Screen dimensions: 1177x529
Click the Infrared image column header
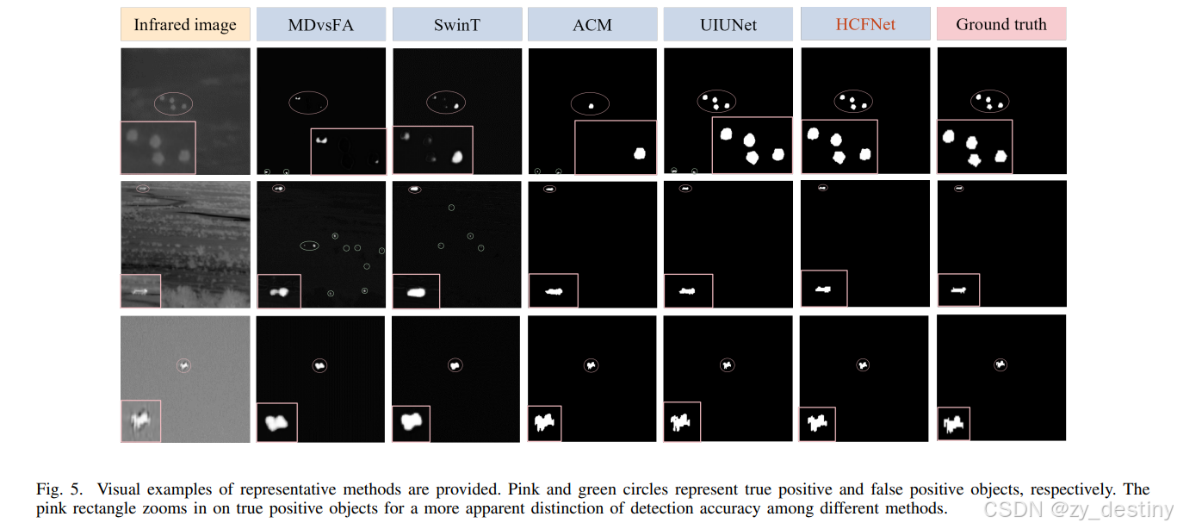185,25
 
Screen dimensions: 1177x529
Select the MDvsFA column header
321,25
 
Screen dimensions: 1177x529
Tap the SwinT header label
457,25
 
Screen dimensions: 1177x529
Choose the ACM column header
592,25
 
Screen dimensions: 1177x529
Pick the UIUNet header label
728,25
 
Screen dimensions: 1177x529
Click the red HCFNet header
865,25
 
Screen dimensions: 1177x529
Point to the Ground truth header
1001,25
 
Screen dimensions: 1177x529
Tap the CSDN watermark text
1079,508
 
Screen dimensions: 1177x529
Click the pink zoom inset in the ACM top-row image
615,147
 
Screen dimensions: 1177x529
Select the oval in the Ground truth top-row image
989,102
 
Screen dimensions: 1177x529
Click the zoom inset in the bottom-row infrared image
140,421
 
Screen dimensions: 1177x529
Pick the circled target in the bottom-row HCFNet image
863,365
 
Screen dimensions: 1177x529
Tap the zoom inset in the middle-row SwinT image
416,291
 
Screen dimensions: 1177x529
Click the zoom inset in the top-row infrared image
158,147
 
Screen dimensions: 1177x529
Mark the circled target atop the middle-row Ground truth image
959,188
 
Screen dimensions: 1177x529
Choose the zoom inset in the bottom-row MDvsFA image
276,422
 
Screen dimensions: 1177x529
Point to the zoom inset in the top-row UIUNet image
752,146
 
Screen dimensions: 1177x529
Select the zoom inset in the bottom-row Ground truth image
953,424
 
